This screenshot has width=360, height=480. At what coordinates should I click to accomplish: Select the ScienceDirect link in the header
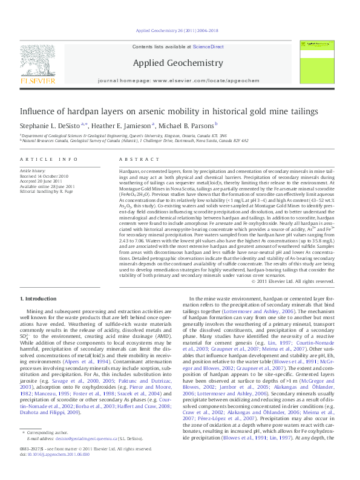click(x=209, y=47)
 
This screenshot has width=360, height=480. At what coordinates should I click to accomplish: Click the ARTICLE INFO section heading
click(x=49, y=158)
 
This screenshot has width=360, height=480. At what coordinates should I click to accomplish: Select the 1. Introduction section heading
click(x=39, y=299)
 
